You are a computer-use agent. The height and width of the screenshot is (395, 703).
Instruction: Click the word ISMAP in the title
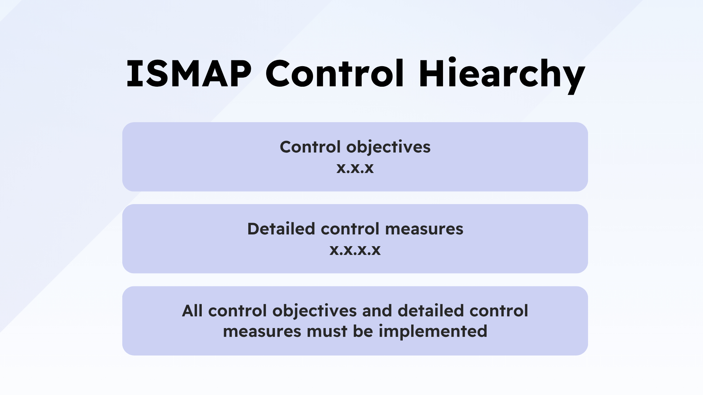(x=189, y=74)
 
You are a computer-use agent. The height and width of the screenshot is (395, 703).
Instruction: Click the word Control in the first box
(x=310, y=147)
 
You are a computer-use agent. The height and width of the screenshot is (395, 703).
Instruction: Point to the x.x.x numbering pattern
(x=355, y=168)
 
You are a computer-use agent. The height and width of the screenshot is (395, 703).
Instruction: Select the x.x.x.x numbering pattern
(x=355, y=250)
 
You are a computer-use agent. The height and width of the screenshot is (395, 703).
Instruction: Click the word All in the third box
(x=192, y=311)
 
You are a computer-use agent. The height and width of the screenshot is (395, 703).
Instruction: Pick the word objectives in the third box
(x=314, y=311)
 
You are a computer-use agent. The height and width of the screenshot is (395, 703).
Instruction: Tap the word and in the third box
(x=377, y=311)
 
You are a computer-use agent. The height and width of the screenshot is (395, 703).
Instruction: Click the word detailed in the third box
(x=431, y=311)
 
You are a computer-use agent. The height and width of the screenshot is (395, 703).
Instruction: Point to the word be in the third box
(x=363, y=331)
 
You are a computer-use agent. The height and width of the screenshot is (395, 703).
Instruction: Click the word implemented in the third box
(x=433, y=332)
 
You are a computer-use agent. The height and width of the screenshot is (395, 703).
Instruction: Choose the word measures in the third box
(x=262, y=332)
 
